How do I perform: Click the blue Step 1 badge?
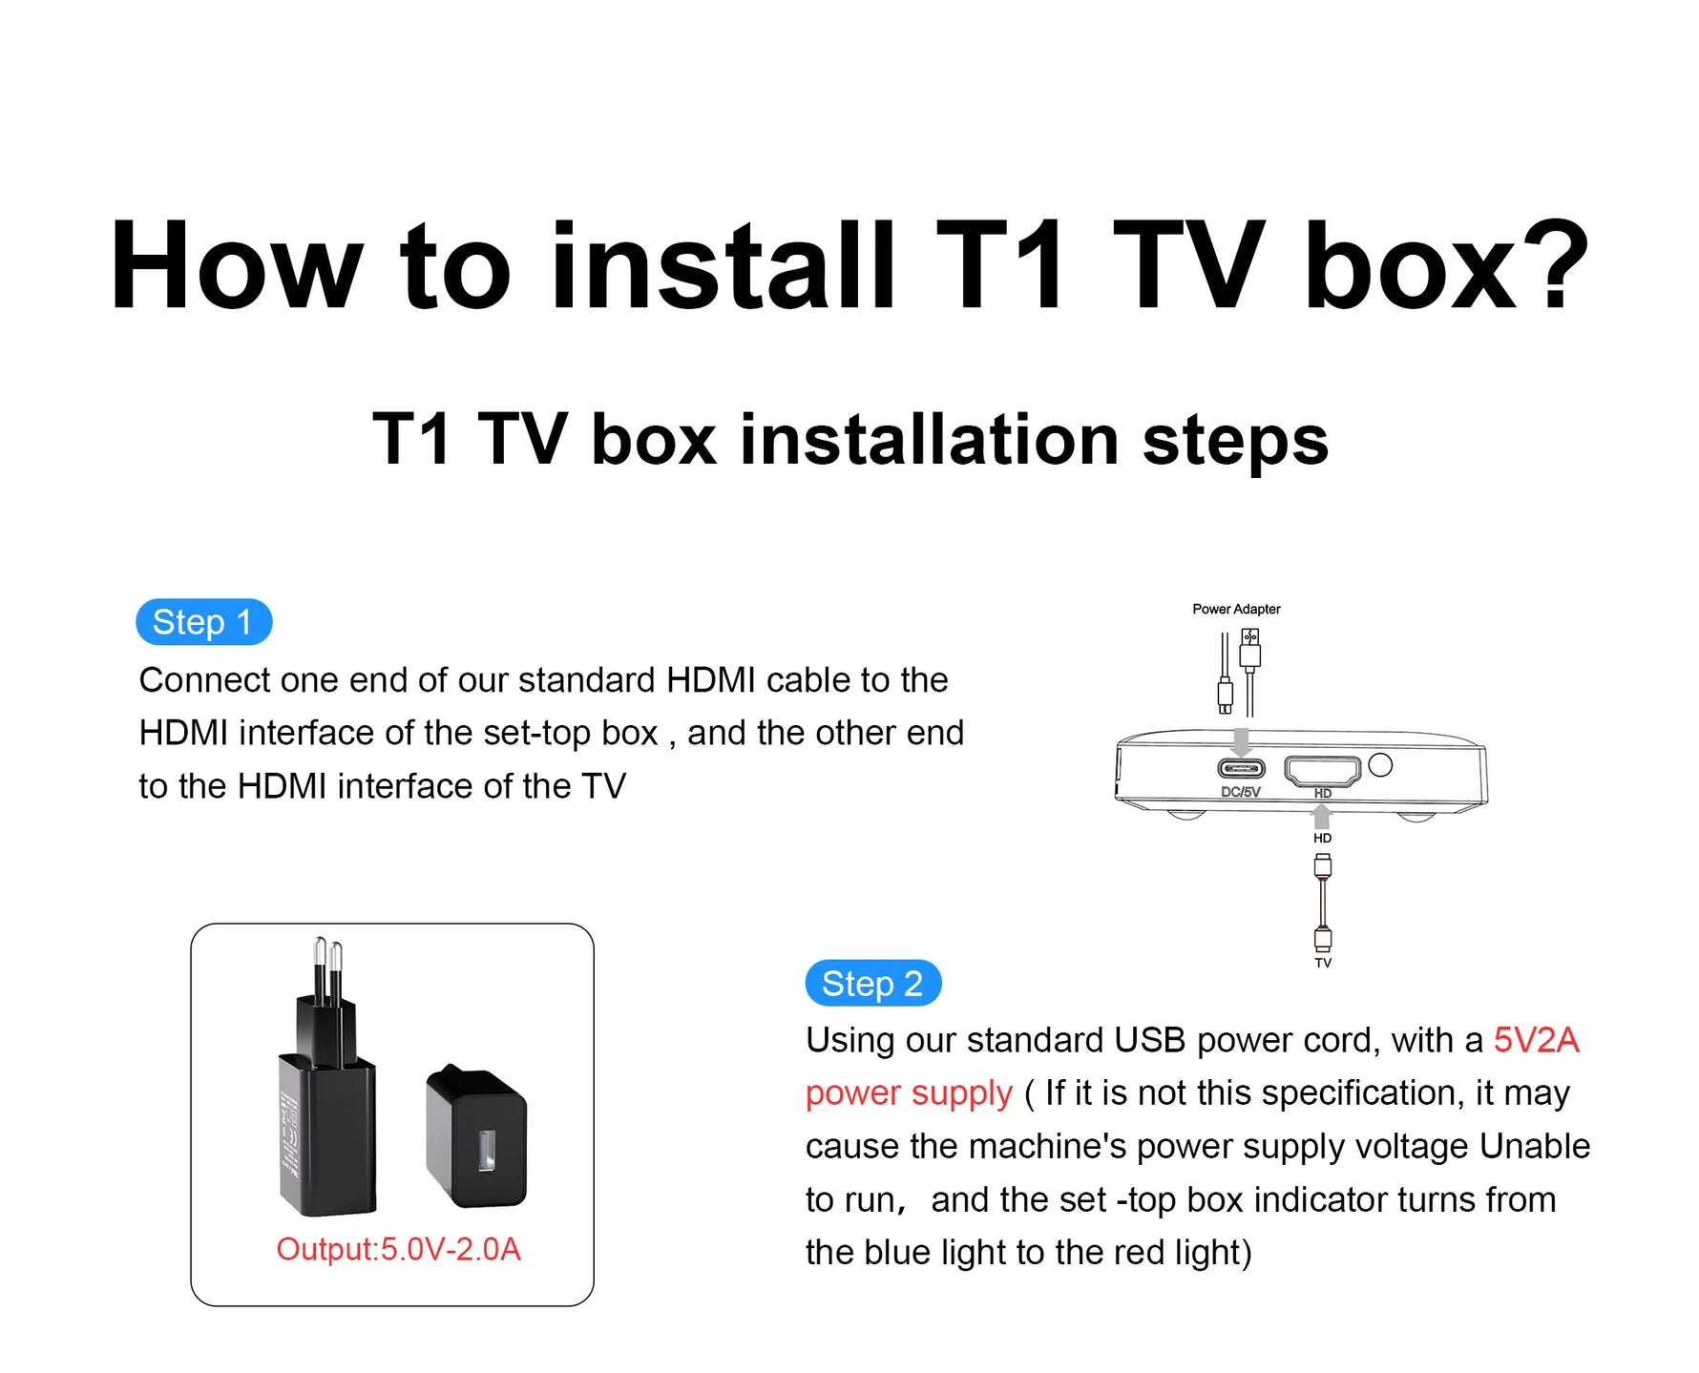pyautogui.click(x=203, y=622)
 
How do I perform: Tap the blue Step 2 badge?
pyautogui.click(x=872, y=983)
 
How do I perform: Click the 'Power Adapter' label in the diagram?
pyautogui.click(x=1236, y=609)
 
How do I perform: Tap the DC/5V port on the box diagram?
pyautogui.click(x=1241, y=768)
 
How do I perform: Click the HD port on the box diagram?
pyautogui.click(x=1322, y=769)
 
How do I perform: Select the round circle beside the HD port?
pyautogui.click(x=1380, y=764)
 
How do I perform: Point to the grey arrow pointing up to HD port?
pyautogui.click(x=1322, y=816)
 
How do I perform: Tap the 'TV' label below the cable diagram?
pyautogui.click(x=1323, y=963)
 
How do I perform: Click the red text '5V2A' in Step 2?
pyautogui.click(x=1536, y=1040)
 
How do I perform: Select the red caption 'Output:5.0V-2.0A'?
pyautogui.click(x=398, y=1249)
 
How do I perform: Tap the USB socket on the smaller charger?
pyautogui.click(x=486, y=1150)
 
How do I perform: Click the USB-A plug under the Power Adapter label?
pyautogui.click(x=1249, y=654)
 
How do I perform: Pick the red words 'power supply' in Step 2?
pyautogui.click(x=908, y=1093)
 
